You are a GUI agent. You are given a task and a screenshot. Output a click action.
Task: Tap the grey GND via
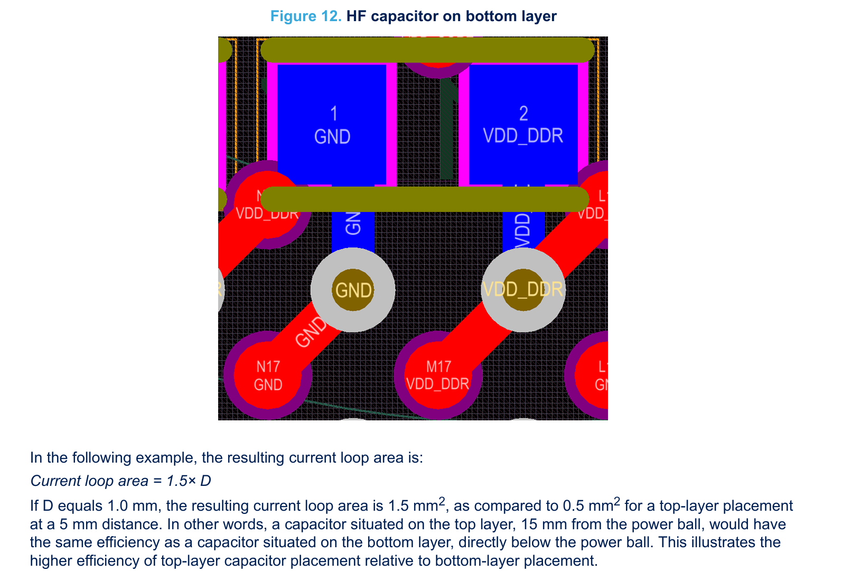(352, 290)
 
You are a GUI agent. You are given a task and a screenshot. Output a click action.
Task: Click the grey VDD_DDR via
(523, 290)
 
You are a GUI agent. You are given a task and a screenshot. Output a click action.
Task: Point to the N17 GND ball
(267, 375)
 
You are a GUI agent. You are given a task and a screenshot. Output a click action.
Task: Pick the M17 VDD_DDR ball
(438, 375)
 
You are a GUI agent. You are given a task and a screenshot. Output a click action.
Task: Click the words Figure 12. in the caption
(306, 16)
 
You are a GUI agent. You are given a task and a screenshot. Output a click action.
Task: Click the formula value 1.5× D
(189, 481)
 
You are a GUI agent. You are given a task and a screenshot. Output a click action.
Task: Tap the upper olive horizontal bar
(427, 50)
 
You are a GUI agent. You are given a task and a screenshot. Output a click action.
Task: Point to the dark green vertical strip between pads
(447, 132)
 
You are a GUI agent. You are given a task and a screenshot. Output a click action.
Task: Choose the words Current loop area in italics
(89, 481)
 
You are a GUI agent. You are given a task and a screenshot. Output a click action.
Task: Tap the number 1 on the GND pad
(333, 114)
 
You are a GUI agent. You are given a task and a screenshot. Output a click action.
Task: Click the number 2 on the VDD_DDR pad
(523, 114)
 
